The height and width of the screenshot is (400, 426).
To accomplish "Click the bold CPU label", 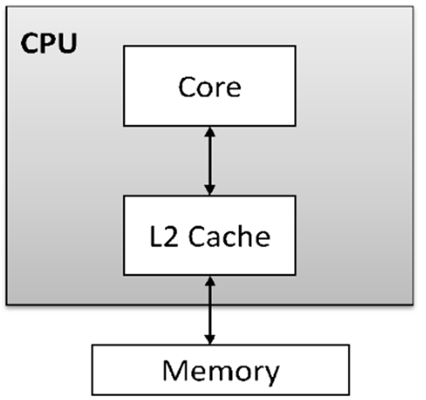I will (48, 44).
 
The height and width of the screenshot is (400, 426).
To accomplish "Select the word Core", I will (209, 87).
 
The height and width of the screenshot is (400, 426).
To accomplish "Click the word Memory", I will (221, 371).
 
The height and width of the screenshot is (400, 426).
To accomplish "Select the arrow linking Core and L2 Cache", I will (210, 161).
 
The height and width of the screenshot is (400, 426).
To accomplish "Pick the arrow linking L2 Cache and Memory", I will (210, 309).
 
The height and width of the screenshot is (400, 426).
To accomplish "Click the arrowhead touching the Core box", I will (210, 131).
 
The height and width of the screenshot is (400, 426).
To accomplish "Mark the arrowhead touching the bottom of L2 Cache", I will (210, 280).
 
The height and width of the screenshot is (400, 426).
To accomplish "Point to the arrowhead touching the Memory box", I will (210, 339).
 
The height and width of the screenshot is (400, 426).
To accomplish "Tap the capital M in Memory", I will (174, 370).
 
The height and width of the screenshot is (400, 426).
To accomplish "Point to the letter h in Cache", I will (245, 236).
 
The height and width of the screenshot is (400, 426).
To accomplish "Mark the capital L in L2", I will (155, 237).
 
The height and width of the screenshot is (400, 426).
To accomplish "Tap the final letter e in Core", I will (233, 89).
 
